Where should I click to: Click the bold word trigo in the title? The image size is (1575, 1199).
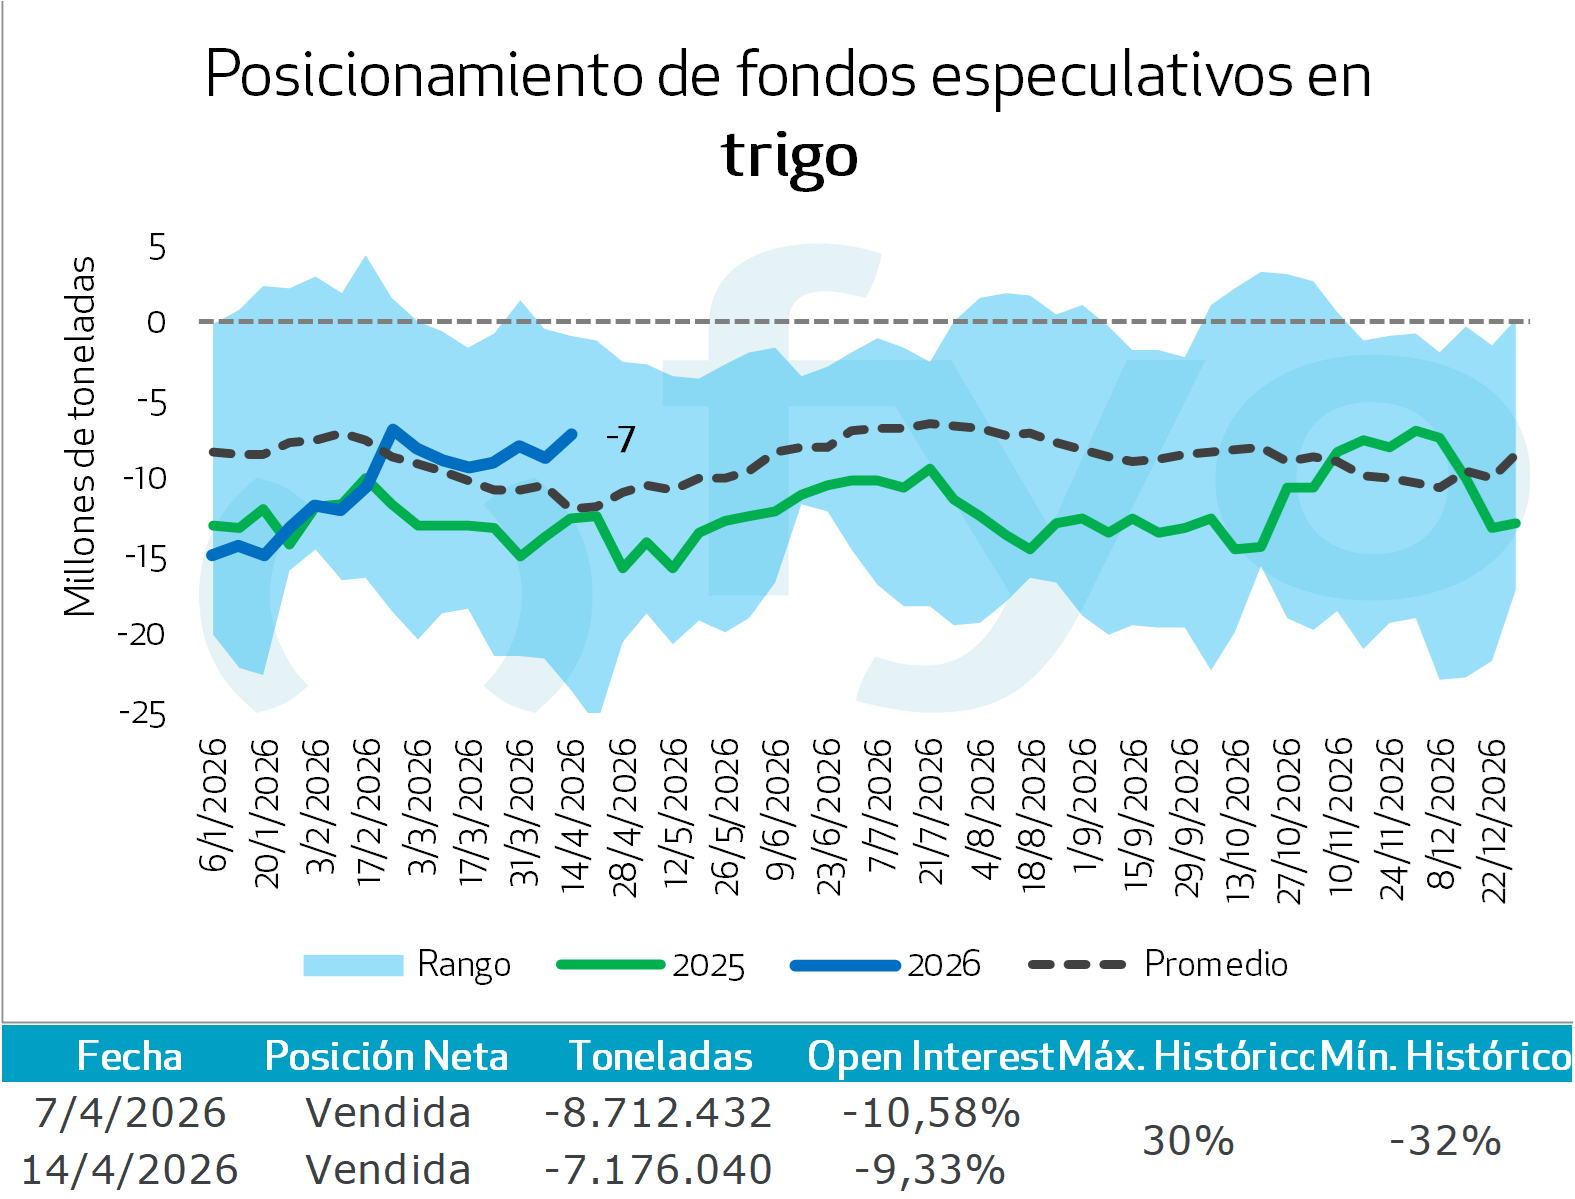[x=789, y=156]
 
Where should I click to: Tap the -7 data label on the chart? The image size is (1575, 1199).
[x=621, y=439]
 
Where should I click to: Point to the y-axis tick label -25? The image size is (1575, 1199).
[x=143, y=713]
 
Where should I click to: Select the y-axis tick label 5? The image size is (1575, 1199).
[x=157, y=246]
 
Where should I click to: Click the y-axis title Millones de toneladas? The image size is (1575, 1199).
[x=80, y=436]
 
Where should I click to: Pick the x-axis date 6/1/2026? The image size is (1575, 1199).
[x=213, y=805]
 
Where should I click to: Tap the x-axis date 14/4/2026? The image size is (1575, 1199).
[x=571, y=815]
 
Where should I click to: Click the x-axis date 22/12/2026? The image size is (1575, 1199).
[x=1493, y=820]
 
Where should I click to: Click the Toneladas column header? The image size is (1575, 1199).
[x=660, y=1056]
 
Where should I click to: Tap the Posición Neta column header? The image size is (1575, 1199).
[x=386, y=1056]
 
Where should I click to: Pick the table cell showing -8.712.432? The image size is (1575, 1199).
[x=658, y=1112]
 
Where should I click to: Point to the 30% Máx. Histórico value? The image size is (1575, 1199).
[x=1188, y=1140]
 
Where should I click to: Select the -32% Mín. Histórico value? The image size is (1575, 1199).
[x=1445, y=1140]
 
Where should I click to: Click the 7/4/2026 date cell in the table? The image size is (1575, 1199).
[x=130, y=1112]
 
